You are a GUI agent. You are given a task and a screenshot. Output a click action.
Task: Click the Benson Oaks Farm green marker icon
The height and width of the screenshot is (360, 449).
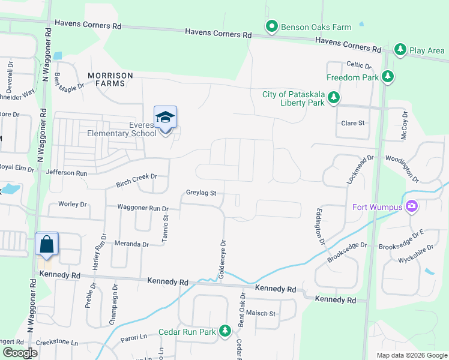click(271, 26)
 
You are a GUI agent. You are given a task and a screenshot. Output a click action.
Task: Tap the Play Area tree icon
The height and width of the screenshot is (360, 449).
click(400, 50)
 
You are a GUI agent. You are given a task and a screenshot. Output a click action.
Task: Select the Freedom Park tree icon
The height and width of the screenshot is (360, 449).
click(388, 77)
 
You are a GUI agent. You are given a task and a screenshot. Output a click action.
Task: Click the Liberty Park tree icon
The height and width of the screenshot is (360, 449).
click(334, 97)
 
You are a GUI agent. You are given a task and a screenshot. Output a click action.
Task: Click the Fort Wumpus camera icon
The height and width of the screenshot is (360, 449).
click(412, 207)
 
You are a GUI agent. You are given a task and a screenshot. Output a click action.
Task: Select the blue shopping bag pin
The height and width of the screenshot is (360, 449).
click(46, 244)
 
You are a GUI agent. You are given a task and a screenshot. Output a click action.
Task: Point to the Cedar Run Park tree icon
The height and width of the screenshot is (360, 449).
click(225, 331)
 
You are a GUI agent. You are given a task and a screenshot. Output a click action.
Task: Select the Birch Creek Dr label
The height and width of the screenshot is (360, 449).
click(136, 176)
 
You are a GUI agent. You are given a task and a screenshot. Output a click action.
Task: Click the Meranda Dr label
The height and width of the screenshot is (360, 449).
click(132, 244)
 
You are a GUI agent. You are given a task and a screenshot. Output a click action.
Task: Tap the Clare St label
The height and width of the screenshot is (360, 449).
click(353, 123)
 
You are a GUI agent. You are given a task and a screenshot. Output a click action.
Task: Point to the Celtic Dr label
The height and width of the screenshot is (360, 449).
click(359, 65)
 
